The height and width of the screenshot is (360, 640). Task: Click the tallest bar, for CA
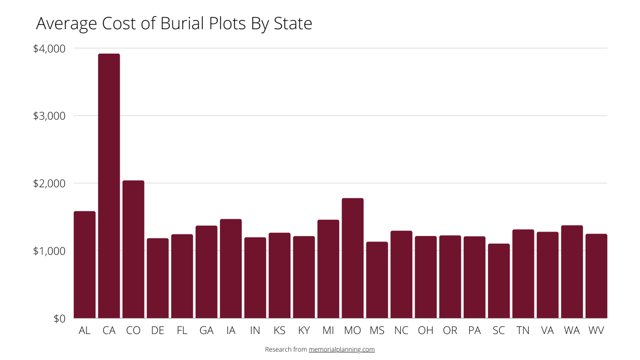(x=109, y=186)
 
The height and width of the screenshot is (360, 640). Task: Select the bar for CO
(x=133, y=249)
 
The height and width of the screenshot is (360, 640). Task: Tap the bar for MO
(x=353, y=258)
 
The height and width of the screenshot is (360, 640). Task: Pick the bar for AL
(x=85, y=265)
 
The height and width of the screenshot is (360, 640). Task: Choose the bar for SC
(x=499, y=281)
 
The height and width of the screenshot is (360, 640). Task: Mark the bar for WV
(x=596, y=276)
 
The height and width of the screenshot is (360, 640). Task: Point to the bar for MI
(x=328, y=269)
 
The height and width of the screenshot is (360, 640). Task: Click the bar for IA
(x=231, y=268)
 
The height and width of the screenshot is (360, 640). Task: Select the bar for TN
(x=523, y=274)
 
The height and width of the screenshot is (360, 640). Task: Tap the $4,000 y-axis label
(x=49, y=48)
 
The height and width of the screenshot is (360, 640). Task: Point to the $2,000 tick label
(x=49, y=183)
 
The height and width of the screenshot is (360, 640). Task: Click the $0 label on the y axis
(x=59, y=319)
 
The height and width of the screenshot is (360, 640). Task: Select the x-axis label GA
(x=206, y=330)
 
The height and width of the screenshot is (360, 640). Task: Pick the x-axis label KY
(x=304, y=330)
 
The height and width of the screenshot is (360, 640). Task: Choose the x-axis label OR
(x=450, y=330)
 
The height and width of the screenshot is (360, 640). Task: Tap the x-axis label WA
(x=572, y=330)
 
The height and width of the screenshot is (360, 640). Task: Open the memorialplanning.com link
(x=342, y=350)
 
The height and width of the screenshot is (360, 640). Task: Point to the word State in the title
(x=293, y=23)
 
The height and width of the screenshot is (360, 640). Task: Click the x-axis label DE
(x=158, y=330)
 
